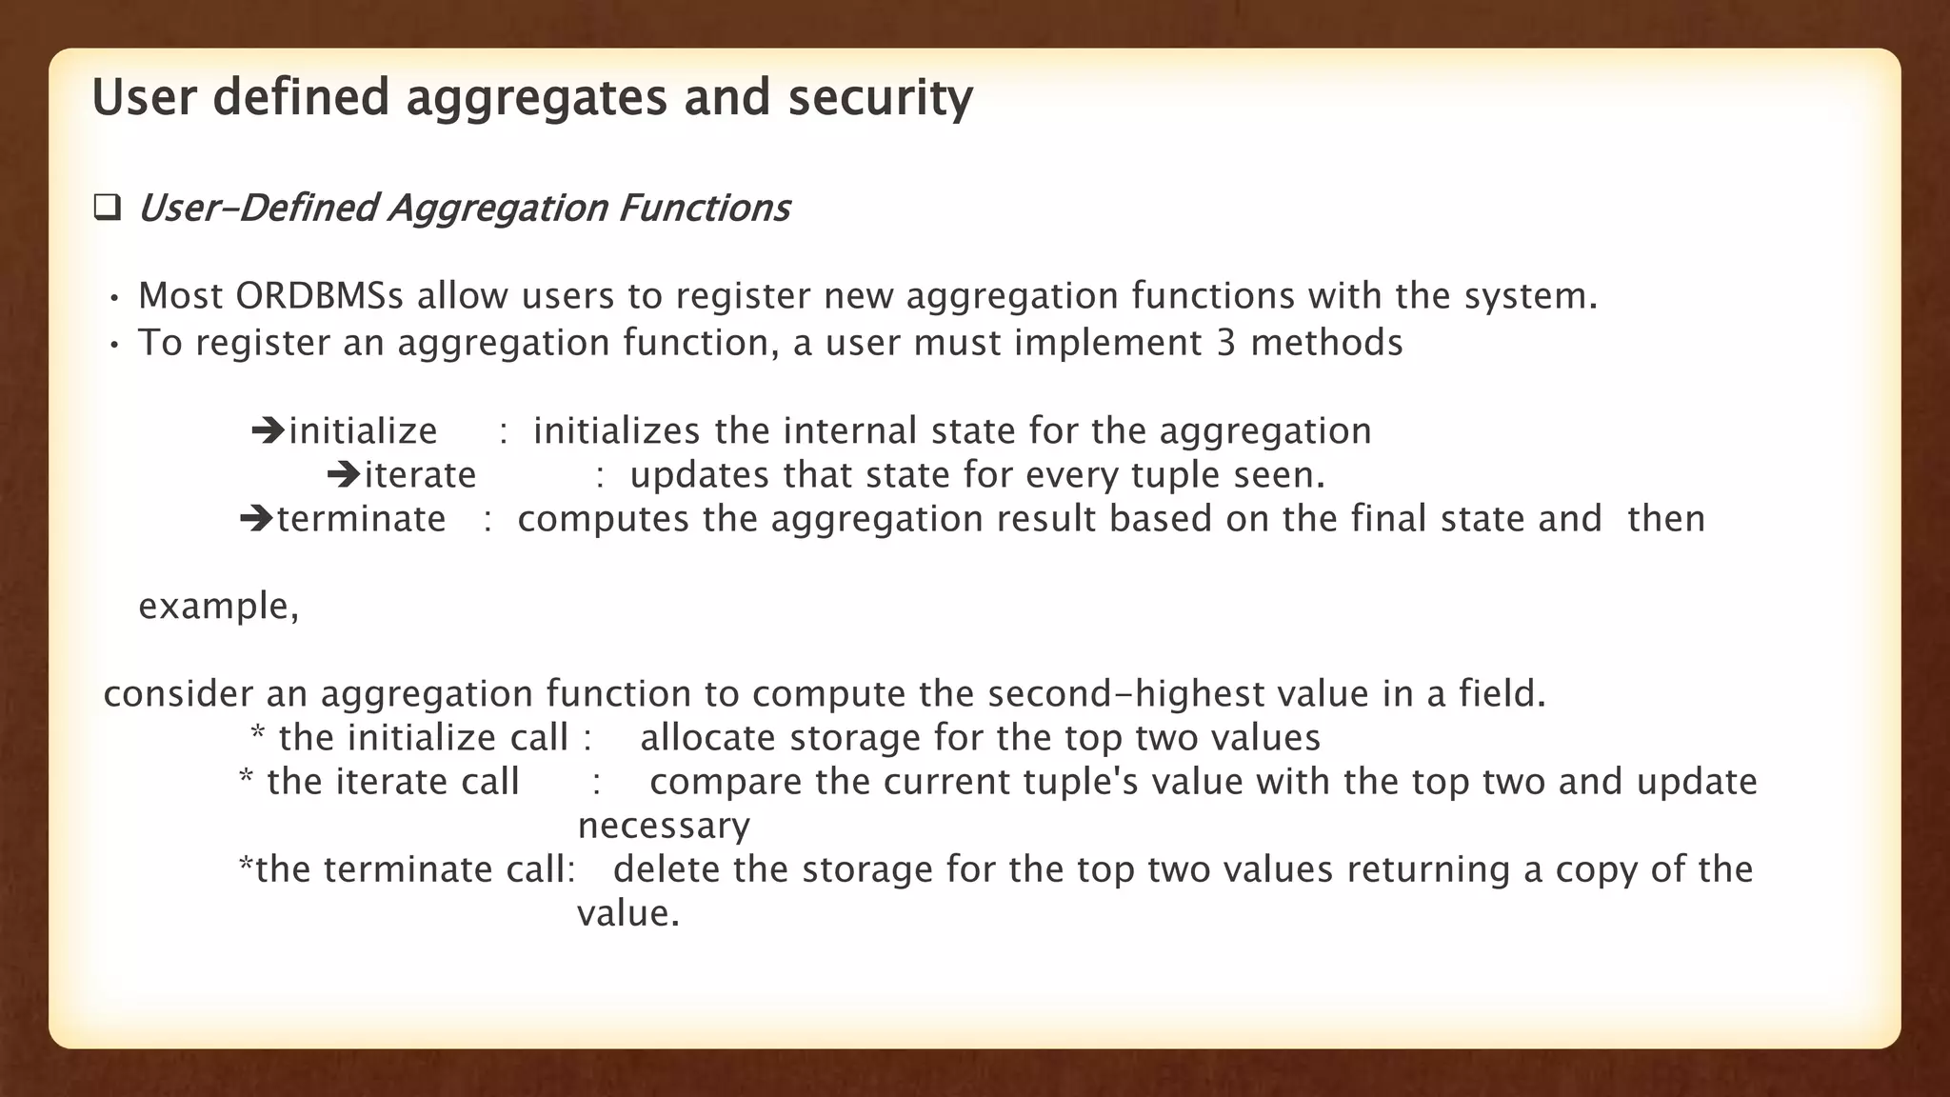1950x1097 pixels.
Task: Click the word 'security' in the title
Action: tap(880, 98)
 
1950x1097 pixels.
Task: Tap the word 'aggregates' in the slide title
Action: tap(536, 98)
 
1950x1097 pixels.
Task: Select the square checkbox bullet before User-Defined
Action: tap(107, 208)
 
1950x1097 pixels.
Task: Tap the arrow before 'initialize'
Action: tap(269, 430)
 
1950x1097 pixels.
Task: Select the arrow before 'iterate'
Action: tap(343, 474)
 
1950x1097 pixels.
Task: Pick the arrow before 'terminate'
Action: tap(256, 519)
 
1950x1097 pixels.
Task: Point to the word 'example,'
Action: tap(218, 607)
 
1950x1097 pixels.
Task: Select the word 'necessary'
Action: tap(664, 826)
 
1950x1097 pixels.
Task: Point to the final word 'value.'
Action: tap(628, 913)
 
